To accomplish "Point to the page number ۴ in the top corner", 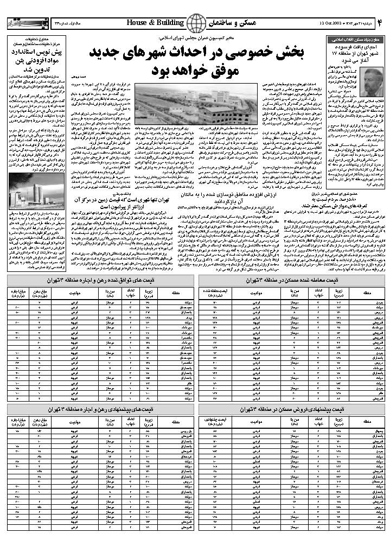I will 380,22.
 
